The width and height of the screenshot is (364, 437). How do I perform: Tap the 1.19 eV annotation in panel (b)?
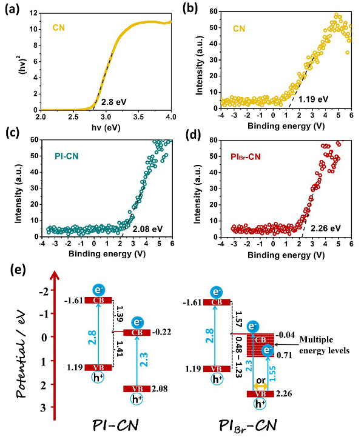[x=313, y=99]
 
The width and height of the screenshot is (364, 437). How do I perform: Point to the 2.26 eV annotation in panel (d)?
[x=325, y=229]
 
